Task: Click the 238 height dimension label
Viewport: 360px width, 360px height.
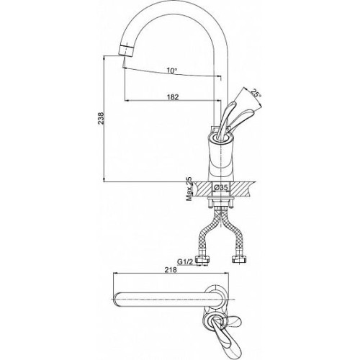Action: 102,118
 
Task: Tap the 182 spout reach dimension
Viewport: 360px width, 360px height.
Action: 173,97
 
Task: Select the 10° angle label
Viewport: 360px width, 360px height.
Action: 172,71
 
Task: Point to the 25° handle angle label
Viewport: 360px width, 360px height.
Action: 256,93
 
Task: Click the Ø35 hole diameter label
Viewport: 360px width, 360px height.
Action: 220,188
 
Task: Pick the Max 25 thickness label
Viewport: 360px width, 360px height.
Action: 189,189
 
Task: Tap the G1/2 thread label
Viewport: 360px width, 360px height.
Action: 184,261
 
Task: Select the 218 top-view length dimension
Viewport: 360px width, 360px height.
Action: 171,269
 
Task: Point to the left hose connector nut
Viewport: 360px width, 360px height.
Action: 203,260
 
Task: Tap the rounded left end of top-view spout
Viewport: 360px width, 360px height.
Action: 117,300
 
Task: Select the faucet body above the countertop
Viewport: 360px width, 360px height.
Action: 220,158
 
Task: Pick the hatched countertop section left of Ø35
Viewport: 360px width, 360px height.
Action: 204,189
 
